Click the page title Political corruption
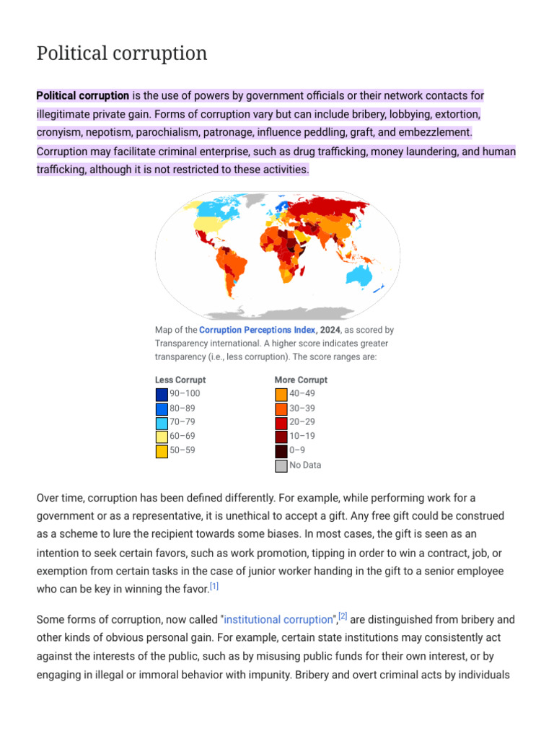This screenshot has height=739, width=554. click(122, 53)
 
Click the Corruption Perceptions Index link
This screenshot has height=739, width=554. click(257, 330)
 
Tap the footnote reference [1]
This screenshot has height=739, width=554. click(214, 586)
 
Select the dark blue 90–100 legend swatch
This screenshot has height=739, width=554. click(162, 394)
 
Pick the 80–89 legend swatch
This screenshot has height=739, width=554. click(162, 408)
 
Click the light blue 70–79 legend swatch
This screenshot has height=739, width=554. click(162, 422)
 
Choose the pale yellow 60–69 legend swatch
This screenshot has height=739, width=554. click(162, 437)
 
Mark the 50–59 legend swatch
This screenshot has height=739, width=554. click(162, 450)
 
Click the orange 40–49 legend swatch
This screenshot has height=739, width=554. click(281, 394)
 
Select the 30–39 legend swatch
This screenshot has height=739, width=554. click(281, 408)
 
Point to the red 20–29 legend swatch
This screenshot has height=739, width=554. click(281, 422)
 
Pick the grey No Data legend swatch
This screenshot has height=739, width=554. click(281, 465)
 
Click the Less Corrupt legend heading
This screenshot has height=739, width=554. click(180, 380)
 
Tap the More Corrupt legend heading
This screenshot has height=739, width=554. click(301, 380)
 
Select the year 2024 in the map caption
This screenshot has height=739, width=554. click(331, 330)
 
